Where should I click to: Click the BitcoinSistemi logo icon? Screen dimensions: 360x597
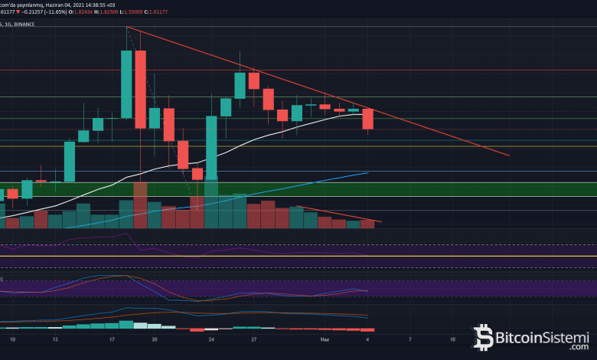tap(483, 337)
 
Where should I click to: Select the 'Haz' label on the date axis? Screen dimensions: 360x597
tap(325, 338)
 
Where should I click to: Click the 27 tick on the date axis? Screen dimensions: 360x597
tap(253, 338)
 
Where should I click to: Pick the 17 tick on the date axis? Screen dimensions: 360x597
tap(112, 338)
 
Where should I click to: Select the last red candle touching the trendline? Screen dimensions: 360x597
tap(367, 119)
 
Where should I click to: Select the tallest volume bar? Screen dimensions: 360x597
tap(140, 205)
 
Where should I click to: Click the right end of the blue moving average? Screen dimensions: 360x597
tap(368, 173)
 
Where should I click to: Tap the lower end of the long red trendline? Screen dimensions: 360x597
tap(507, 155)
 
